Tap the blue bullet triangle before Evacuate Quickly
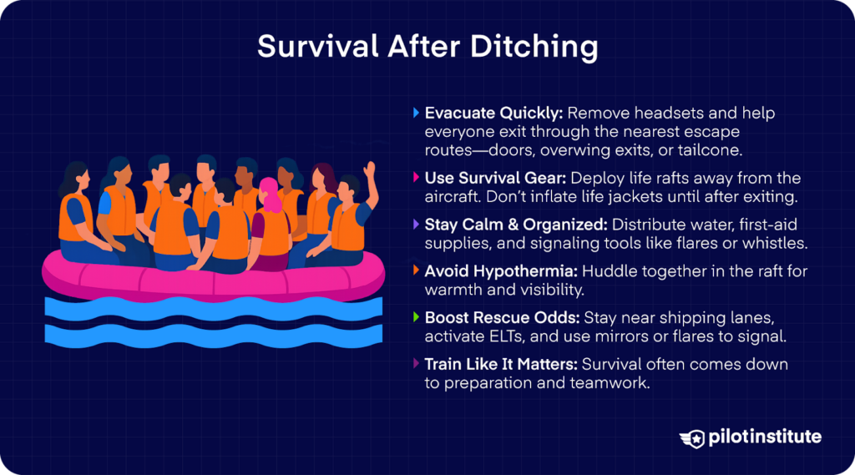pos(417,112)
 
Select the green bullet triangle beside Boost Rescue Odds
pos(417,318)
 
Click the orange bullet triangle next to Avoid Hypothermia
pos(417,270)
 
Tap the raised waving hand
pos(368,174)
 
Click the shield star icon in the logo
pos(691,437)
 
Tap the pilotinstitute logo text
pos(763,437)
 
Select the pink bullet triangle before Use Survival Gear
pos(417,178)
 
